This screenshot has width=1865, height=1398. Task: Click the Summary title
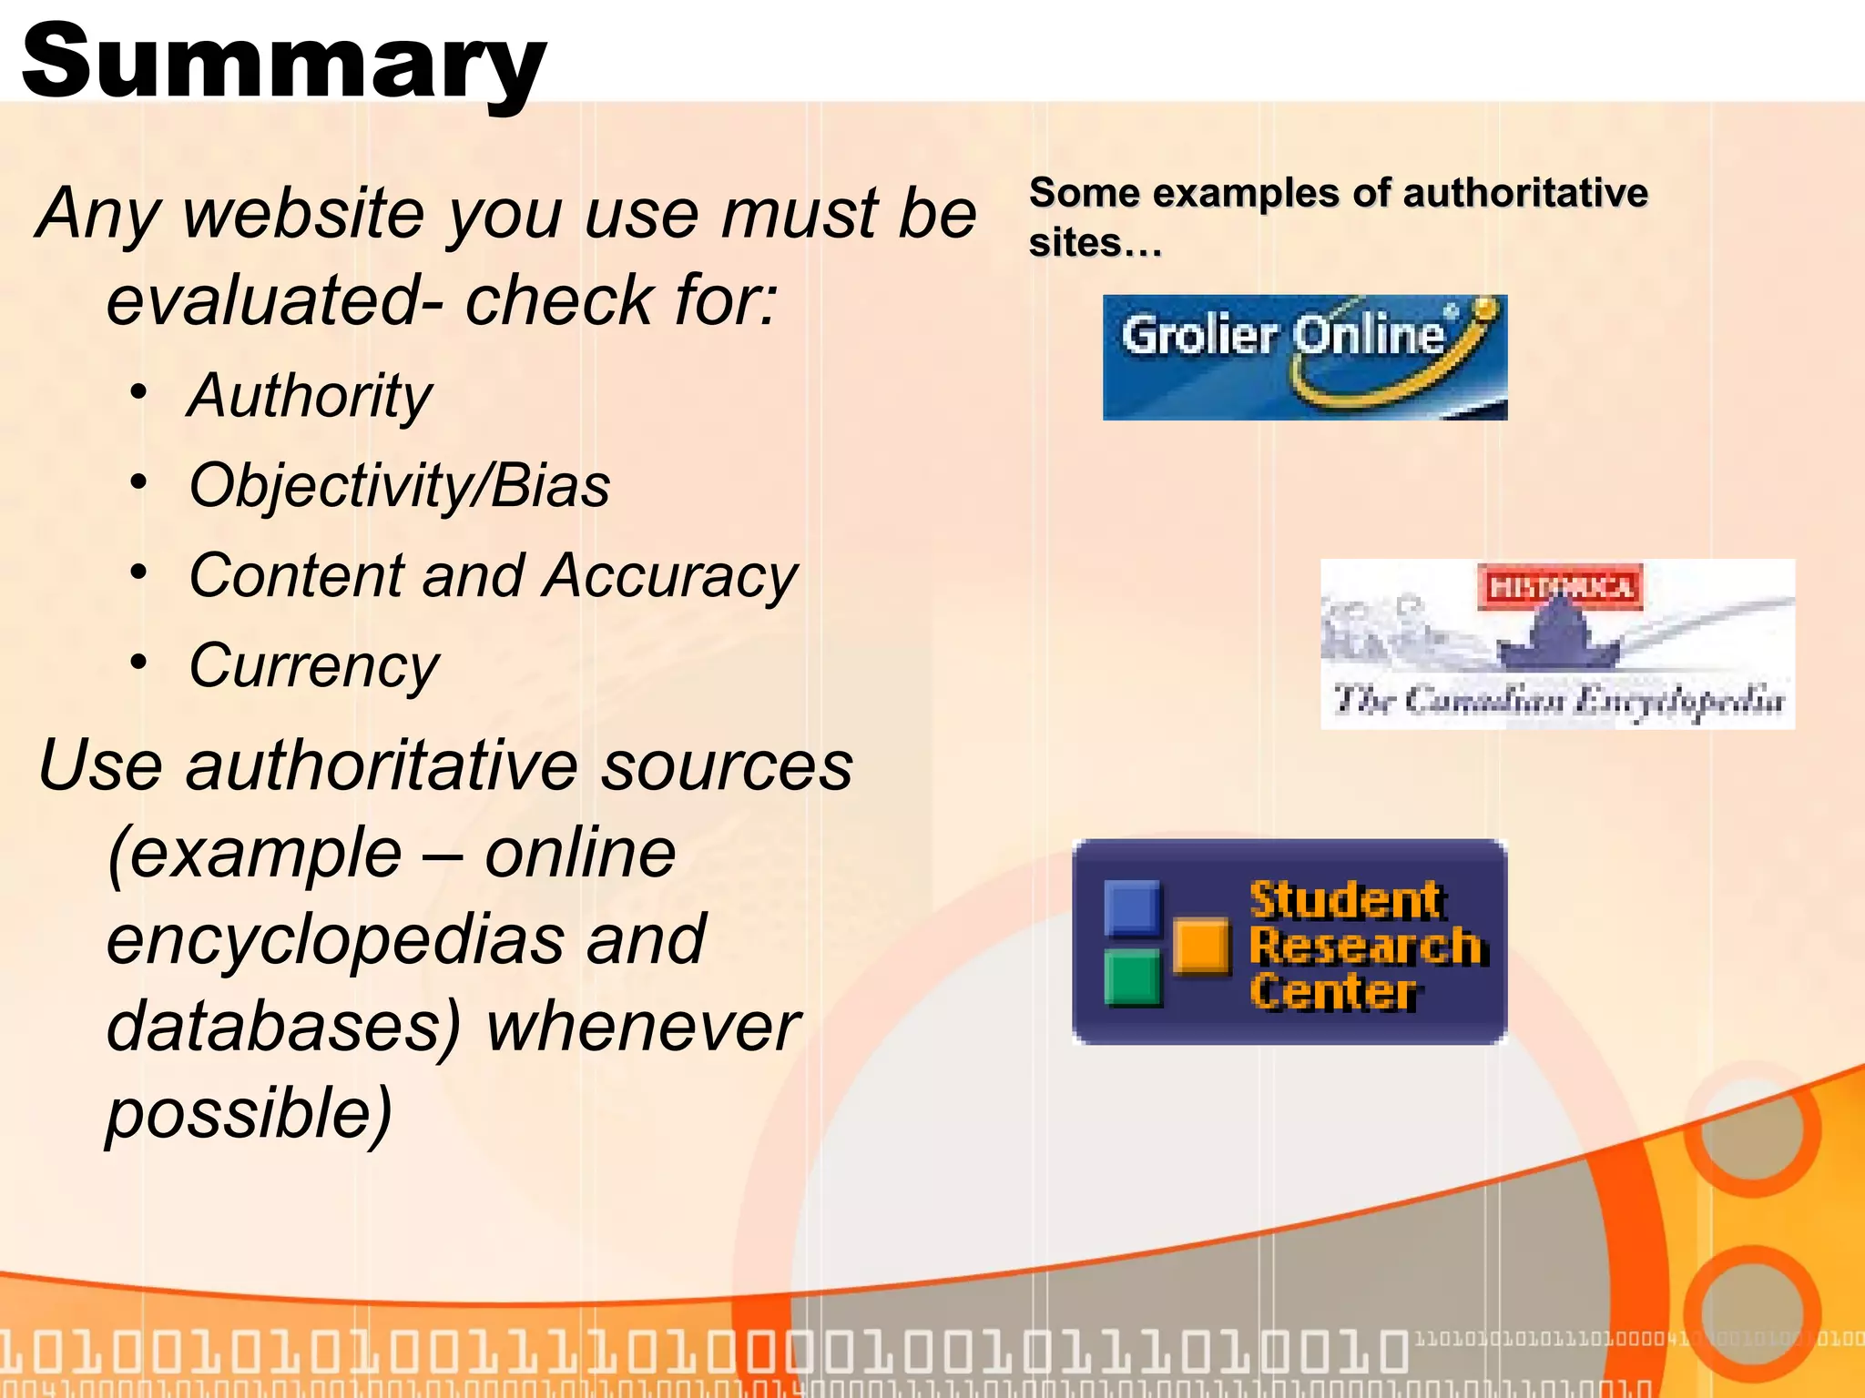click(283, 62)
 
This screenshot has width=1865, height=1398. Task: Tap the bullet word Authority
click(310, 396)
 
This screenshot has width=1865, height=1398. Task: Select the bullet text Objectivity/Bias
click(399, 485)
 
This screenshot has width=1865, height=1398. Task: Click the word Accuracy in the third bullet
click(670, 576)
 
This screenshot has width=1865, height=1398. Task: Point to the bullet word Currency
click(314, 665)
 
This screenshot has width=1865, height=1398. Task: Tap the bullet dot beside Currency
click(138, 663)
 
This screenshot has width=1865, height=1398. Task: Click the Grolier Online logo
click(1304, 357)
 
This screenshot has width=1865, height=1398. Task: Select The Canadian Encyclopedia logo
click(1557, 643)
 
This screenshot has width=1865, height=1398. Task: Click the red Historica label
click(1560, 587)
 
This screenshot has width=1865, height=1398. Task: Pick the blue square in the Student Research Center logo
click(1132, 907)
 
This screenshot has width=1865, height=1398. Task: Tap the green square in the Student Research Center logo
click(1133, 977)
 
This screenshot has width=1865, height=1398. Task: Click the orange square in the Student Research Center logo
click(1201, 946)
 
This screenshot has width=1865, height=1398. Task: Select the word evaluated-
click(274, 300)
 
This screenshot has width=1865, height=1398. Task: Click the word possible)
click(249, 1113)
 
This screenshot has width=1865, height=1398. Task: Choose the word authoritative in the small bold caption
click(1525, 193)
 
